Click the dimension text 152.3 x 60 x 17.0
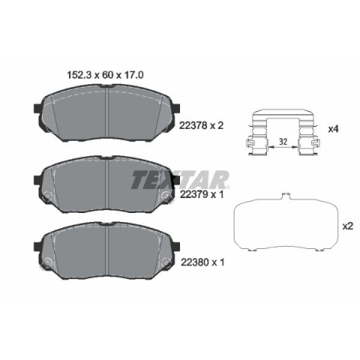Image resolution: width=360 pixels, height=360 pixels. coord(105,75)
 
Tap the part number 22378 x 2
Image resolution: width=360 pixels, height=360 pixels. coord(201,125)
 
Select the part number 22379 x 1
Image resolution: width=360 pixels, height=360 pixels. coord(202,194)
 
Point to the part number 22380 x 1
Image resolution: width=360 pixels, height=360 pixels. coord(202,262)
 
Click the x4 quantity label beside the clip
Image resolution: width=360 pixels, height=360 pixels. coord(333,129)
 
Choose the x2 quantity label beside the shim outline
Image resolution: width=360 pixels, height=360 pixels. coord(348,226)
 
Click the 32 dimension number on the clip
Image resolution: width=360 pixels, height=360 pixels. coord(283,142)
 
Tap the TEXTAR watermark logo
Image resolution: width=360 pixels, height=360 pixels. coord(180,180)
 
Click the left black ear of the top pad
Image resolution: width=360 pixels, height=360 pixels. coord(37,108)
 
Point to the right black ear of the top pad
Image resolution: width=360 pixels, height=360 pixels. coord(176,108)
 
